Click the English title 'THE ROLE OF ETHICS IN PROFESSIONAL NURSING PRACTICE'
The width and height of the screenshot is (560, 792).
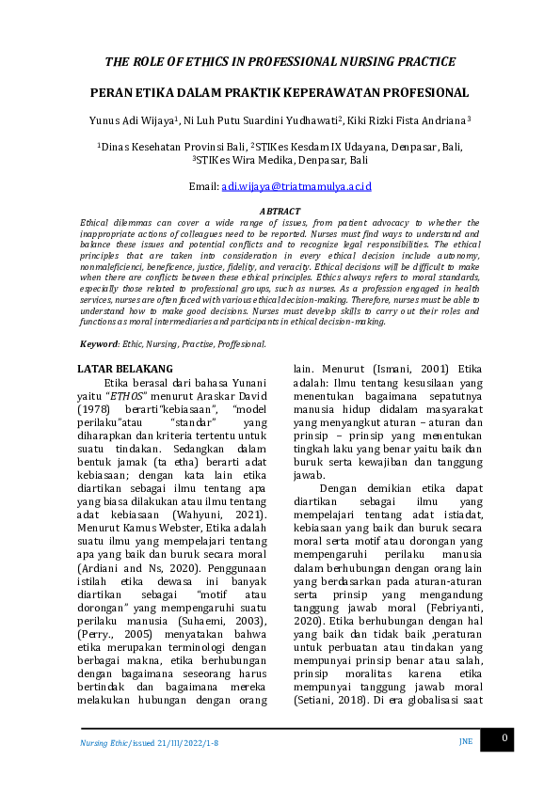tap(280, 62)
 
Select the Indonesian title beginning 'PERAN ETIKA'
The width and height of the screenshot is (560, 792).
tap(280, 93)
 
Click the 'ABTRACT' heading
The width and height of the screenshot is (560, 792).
tap(280, 212)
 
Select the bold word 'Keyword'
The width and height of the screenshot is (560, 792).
tap(99, 344)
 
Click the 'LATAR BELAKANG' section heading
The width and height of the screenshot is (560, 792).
tap(125, 368)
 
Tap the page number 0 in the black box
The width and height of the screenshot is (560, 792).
tap(504, 739)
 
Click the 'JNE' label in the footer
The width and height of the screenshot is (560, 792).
tap(465, 741)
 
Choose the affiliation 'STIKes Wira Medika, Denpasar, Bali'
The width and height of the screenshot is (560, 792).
tap(281, 161)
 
